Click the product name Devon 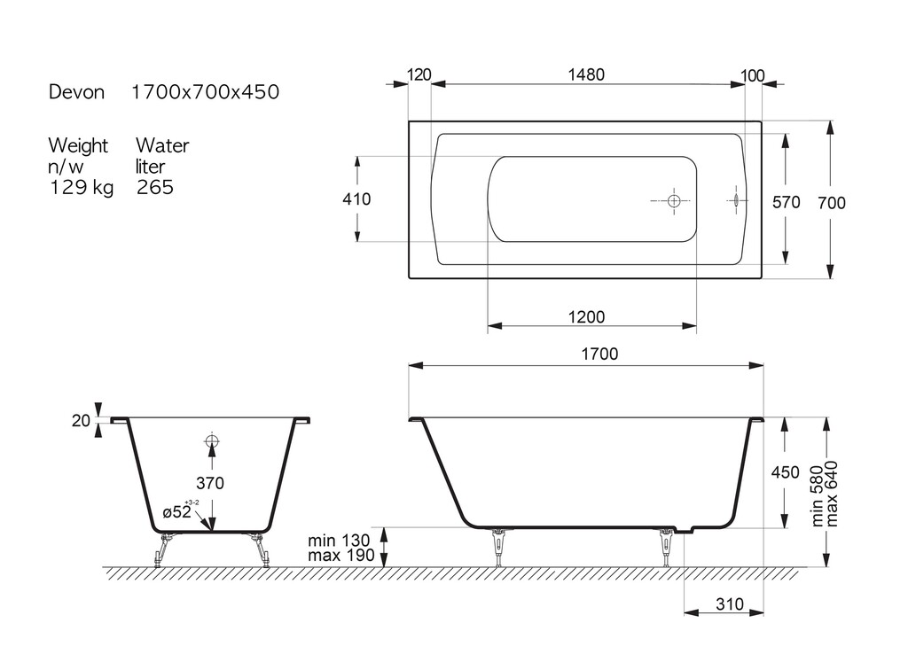tap(76, 92)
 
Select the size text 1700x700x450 tap(206, 92)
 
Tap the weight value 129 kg tap(81, 187)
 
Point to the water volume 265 tap(155, 187)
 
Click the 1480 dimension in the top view tap(586, 74)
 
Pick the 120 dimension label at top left tap(419, 74)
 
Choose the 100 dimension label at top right tap(752, 76)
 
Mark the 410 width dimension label tap(356, 199)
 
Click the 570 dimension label tap(787, 202)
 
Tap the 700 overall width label tap(832, 203)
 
